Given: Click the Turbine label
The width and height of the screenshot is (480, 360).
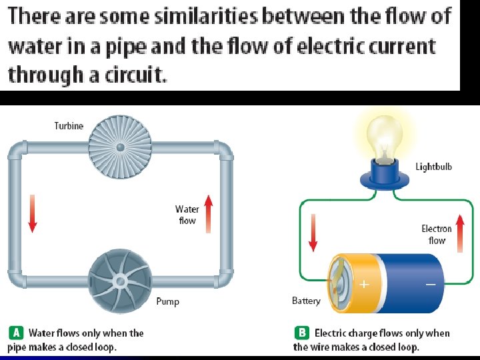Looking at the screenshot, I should [69, 126].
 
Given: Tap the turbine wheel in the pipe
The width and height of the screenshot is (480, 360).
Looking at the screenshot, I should [120, 147].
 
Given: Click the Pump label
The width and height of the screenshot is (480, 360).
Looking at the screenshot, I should [167, 302].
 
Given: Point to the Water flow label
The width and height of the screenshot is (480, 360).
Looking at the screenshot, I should [187, 215].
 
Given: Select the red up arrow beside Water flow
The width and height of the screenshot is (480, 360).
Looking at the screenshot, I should [207, 213].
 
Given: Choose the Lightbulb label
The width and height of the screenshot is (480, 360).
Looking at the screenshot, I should [434, 167].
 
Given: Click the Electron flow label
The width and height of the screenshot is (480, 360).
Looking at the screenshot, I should [437, 234].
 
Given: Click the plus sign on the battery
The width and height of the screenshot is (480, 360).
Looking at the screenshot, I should [364, 284].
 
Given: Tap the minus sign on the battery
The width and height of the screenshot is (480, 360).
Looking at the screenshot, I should [431, 284].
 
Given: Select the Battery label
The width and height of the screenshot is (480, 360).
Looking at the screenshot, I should [306, 301].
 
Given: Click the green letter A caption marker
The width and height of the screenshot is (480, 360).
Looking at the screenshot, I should [16, 333].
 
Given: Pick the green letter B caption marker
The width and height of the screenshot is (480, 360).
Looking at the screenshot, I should [301, 333].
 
